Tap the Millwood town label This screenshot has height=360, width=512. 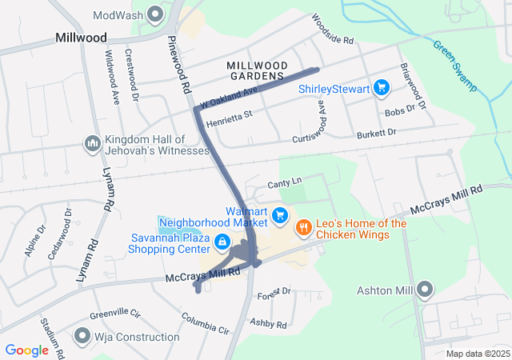(x=81, y=38)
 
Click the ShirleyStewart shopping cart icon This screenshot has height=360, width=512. (x=382, y=89)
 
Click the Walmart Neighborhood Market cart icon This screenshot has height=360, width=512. (x=279, y=215)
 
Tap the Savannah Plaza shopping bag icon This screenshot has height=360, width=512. (x=222, y=241)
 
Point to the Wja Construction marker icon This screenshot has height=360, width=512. (x=82, y=335)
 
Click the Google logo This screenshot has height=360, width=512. (x=26, y=350)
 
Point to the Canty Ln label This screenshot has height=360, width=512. (x=284, y=183)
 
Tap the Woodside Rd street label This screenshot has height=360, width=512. (x=333, y=30)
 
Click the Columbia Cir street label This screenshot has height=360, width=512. (x=205, y=324)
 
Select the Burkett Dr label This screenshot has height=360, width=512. (x=377, y=134)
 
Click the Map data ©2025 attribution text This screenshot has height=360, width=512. (x=478, y=354)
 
